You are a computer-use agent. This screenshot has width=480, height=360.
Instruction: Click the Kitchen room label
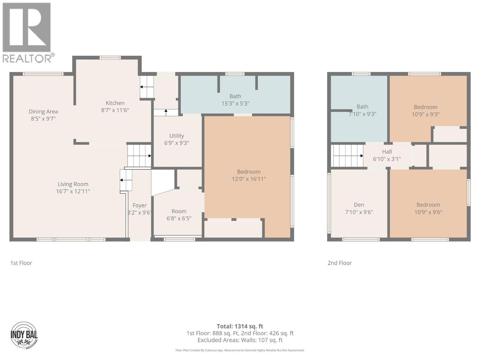[115, 103]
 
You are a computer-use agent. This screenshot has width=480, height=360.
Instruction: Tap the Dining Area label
[43, 112]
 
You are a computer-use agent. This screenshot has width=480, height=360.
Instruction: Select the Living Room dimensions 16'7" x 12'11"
[73, 191]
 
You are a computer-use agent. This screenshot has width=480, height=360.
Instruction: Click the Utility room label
[176, 136]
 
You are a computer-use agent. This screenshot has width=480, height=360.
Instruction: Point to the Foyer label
[139, 205]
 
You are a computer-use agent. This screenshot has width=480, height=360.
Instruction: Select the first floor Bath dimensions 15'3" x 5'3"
[235, 103]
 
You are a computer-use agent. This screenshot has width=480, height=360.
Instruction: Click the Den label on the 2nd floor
[359, 205]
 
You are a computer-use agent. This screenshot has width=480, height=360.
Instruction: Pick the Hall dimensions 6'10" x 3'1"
[387, 159]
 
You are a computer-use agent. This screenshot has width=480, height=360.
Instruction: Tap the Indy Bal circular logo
[24, 335]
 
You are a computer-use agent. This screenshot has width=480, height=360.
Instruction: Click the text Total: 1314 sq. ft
[240, 326]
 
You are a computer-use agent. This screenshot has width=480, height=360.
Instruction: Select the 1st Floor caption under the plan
[21, 263]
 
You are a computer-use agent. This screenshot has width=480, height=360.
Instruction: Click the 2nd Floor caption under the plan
[339, 263]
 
